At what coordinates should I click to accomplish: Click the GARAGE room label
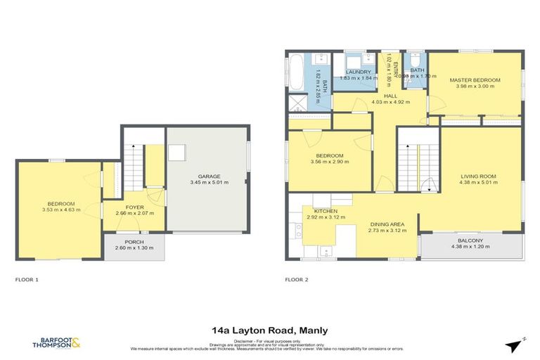pos(210,176)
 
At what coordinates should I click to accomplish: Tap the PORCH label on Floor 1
pos(134,241)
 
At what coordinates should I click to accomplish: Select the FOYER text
pos(134,207)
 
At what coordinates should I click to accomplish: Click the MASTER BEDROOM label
pos(475,80)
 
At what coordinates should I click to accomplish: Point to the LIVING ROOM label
pos(478,176)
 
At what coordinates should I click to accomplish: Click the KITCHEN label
pos(326,211)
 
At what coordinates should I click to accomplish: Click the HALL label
pos(390,96)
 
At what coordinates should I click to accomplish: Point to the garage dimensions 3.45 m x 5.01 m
pos(210,183)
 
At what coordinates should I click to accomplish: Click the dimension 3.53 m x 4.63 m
pos(61,210)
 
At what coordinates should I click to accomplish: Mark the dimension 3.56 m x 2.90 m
pos(329,162)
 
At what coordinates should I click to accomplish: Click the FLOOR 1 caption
pos(27,279)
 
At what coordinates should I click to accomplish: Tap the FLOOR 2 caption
pos(297,279)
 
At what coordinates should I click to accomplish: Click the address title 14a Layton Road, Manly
pos(269,330)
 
